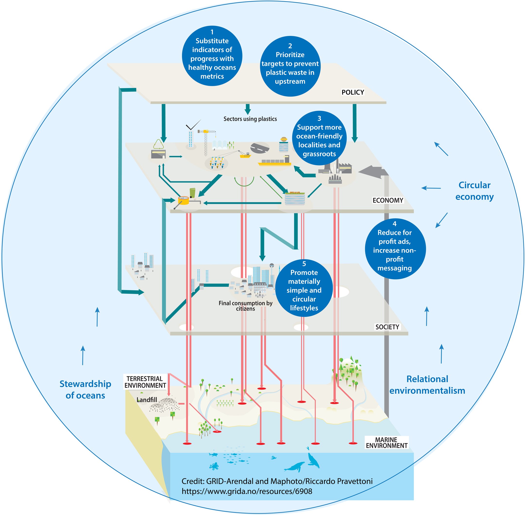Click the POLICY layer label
click(352, 92)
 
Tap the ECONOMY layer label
click(388, 200)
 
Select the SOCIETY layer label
click(387, 327)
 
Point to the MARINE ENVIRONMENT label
click(386, 443)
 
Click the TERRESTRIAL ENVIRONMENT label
click(145, 382)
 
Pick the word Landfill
click(147, 400)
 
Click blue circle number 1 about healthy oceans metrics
click(212, 56)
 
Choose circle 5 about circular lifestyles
click(304, 288)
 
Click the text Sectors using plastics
click(250, 119)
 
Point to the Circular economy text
click(474, 191)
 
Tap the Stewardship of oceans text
click(85, 390)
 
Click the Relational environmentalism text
click(427, 385)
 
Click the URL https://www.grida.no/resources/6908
click(247, 491)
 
